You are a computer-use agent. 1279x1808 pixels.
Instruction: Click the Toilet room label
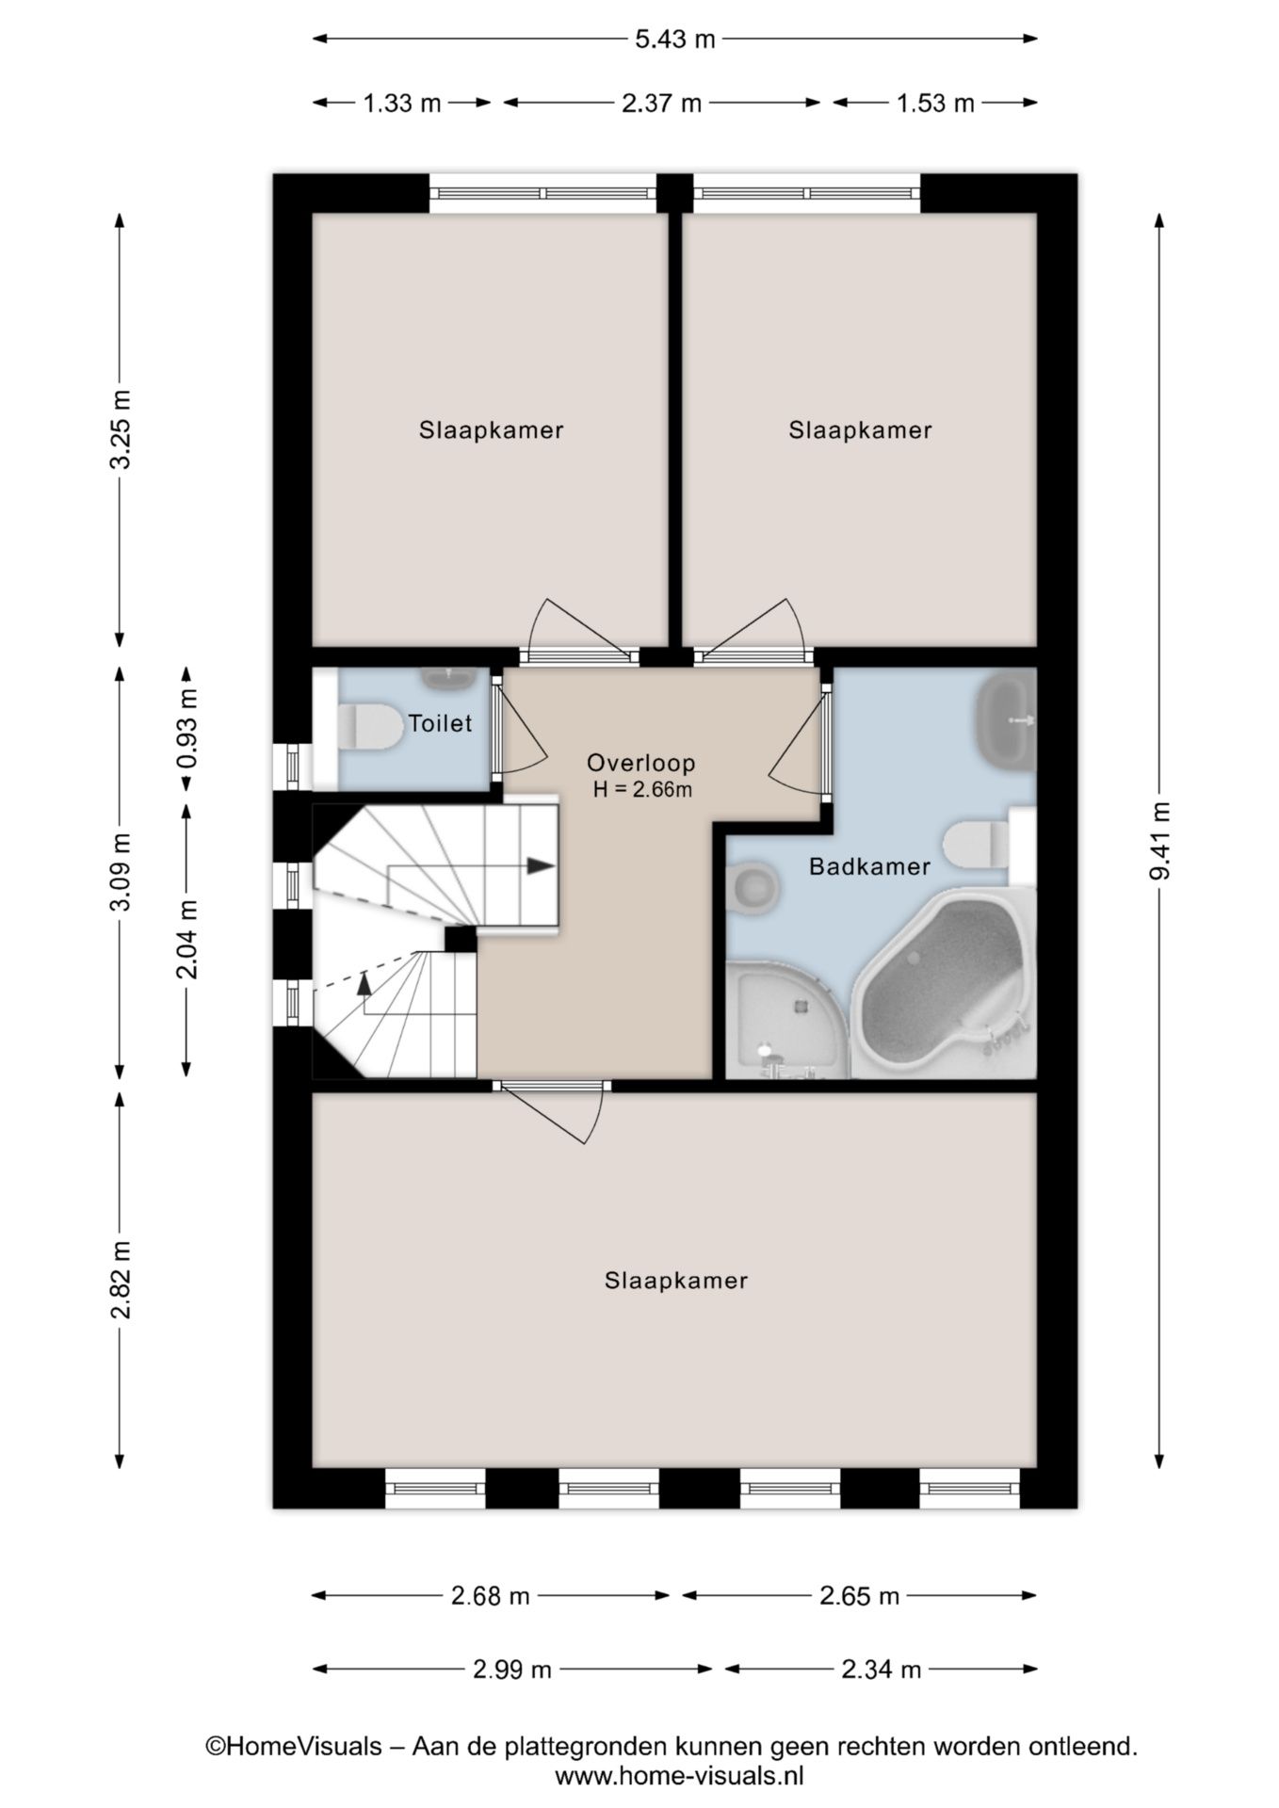click(x=440, y=723)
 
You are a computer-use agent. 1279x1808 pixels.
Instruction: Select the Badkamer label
click(x=869, y=866)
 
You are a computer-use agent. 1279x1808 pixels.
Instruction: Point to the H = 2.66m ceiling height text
click(x=642, y=790)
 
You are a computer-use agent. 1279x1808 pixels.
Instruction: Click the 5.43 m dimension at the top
click(x=675, y=39)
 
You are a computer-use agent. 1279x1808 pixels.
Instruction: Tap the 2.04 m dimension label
click(x=187, y=938)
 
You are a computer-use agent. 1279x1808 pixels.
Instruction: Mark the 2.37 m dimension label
click(x=661, y=103)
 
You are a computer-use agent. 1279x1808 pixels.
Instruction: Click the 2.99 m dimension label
click(x=511, y=1670)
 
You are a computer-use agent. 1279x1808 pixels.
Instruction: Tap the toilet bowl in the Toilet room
click(x=367, y=727)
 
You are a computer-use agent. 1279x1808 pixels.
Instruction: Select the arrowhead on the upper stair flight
click(x=541, y=865)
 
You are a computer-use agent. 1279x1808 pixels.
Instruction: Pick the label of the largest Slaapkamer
click(x=676, y=1281)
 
